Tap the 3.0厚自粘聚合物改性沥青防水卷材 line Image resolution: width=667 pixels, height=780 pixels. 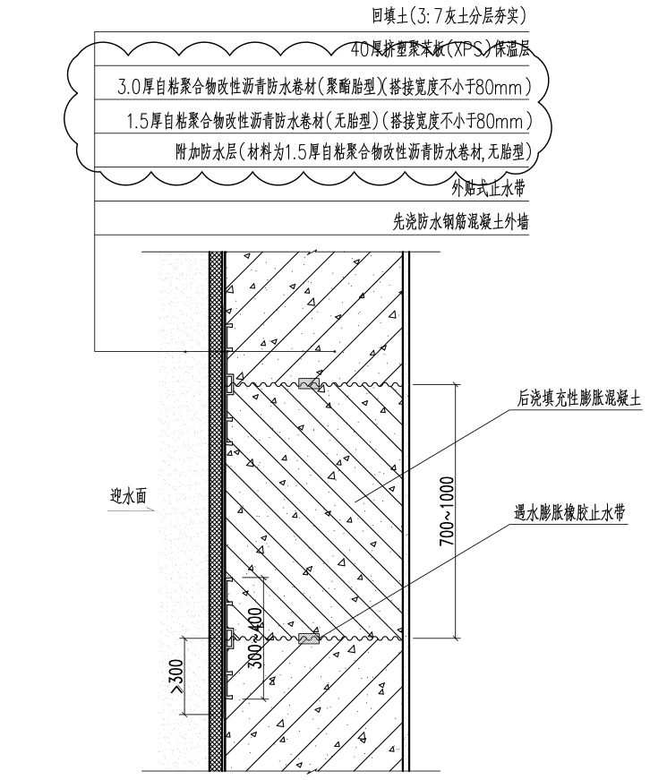[325, 87]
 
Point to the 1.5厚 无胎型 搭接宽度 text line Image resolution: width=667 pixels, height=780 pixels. [329, 120]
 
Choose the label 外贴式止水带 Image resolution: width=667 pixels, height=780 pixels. [490, 188]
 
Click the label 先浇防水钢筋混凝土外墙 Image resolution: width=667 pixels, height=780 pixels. [460, 222]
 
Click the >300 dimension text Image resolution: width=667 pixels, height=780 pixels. [177, 676]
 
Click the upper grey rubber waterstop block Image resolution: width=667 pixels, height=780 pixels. [309, 384]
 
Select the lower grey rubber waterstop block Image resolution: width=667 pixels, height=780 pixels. [309, 639]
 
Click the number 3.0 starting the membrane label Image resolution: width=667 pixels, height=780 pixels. [130, 88]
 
